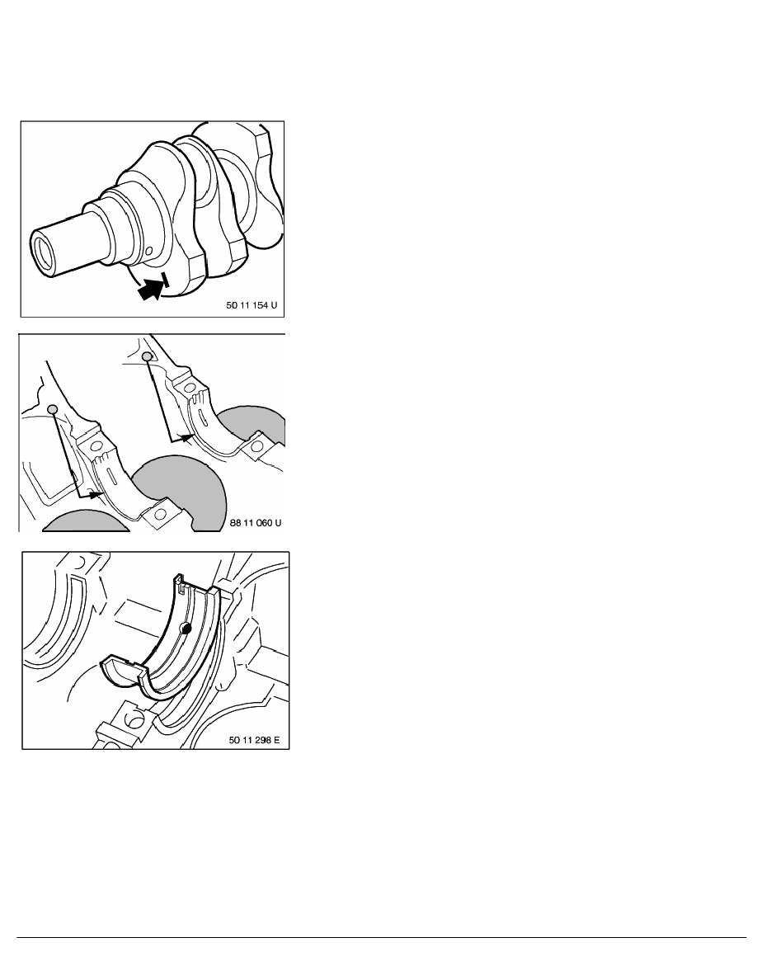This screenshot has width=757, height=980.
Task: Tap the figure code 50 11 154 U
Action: [252, 305]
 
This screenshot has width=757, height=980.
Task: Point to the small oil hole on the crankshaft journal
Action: [148, 252]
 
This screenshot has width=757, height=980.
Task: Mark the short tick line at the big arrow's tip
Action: [164, 280]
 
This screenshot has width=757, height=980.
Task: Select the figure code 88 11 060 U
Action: [256, 522]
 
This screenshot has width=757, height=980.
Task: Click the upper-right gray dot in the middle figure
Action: [148, 356]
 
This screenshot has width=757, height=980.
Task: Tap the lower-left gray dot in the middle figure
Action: [53, 409]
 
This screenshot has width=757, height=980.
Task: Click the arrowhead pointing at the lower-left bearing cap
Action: [96, 494]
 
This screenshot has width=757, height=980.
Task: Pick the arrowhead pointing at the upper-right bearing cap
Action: [186, 437]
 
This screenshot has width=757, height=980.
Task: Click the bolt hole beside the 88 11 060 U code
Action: [161, 514]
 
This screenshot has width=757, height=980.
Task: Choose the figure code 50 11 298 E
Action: [254, 740]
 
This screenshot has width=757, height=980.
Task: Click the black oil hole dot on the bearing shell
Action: [185, 628]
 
